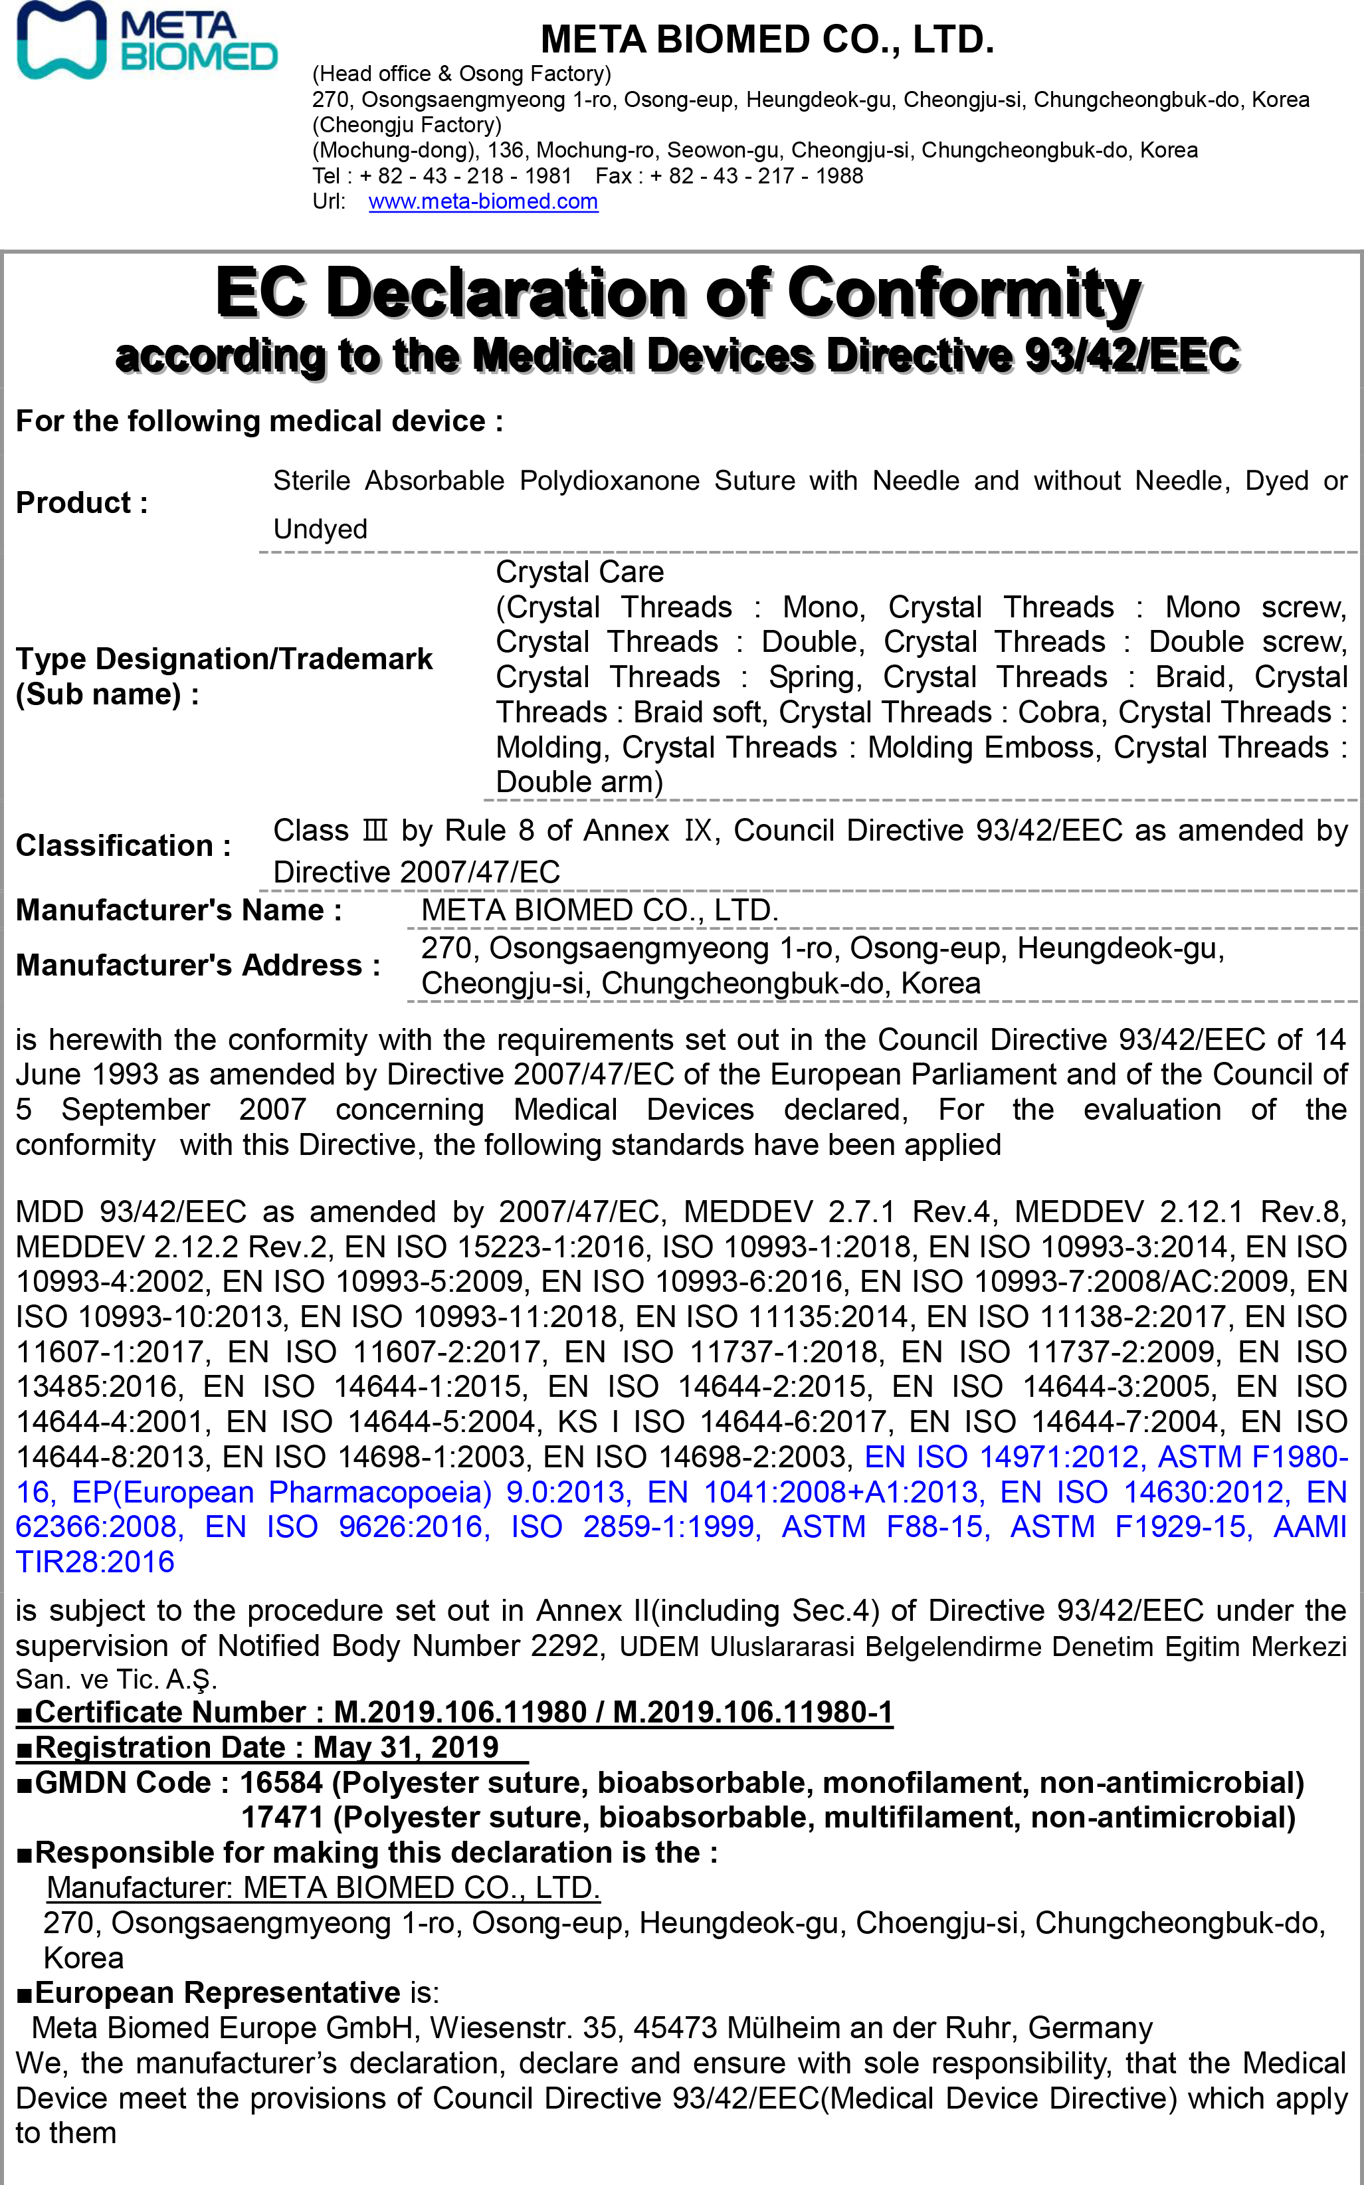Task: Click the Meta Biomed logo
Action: click(x=146, y=41)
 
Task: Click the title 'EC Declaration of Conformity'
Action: click(x=678, y=293)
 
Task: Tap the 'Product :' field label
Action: click(x=81, y=502)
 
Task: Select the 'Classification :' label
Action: click(x=123, y=845)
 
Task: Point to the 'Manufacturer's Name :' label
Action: click(x=179, y=909)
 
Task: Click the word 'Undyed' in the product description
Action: click(x=320, y=529)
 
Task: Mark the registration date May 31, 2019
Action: click(x=405, y=1748)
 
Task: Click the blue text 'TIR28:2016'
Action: click(x=95, y=1562)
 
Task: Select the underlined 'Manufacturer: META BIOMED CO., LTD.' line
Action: click(x=323, y=1887)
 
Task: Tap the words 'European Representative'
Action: click(x=217, y=1992)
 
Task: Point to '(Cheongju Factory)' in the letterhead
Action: click(x=406, y=124)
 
